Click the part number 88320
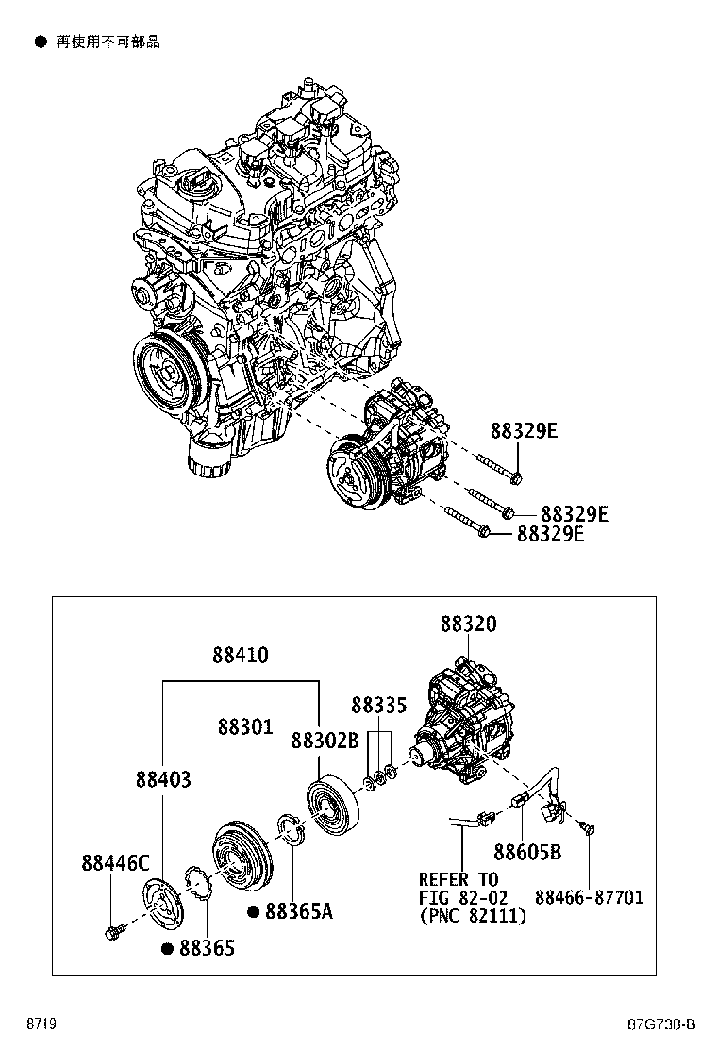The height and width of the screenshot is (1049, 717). (x=468, y=624)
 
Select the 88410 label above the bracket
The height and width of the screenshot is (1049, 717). (x=240, y=654)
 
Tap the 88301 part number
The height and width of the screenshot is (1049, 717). (x=244, y=727)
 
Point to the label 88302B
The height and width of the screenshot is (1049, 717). (x=324, y=740)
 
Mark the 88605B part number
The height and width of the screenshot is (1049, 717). (x=527, y=853)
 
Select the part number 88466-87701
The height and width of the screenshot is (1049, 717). (x=589, y=897)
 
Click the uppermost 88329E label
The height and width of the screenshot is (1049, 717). (x=524, y=431)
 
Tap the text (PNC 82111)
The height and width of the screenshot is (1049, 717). (x=473, y=916)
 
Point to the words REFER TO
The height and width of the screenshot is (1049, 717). (x=459, y=878)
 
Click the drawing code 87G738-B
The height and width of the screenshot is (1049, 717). (x=661, y=1024)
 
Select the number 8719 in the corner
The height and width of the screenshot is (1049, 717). (x=39, y=1024)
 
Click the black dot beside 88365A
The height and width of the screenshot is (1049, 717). (x=254, y=912)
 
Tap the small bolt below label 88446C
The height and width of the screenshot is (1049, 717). (x=109, y=933)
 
